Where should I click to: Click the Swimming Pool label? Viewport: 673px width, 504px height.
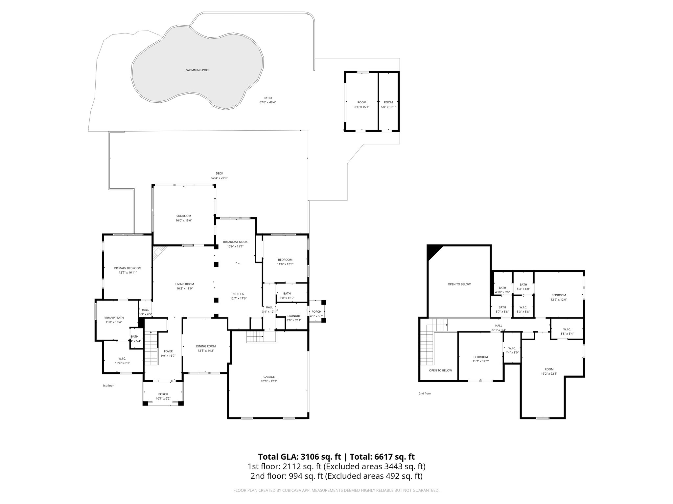tap(198, 70)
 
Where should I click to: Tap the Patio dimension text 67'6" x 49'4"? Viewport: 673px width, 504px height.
tap(268, 102)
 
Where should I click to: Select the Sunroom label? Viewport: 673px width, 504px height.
tap(183, 216)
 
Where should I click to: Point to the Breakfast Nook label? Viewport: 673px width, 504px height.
tap(235, 242)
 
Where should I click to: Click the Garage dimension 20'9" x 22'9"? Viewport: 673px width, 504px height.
tap(269, 381)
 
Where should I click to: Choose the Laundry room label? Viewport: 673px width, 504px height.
tap(293, 316)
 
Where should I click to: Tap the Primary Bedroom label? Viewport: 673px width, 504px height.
tap(128, 268)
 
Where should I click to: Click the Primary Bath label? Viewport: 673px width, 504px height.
tap(113, 318)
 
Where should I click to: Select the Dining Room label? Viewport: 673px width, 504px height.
tap(206, 346)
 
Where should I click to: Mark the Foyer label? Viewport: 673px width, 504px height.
tap(168, 351)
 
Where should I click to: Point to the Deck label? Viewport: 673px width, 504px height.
tap(219, 173)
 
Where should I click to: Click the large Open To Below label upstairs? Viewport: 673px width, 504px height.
tap(459, 284)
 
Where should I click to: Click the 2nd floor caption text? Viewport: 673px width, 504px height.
tap(425, 393)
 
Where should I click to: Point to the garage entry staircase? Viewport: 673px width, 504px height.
tap(255, 337)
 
